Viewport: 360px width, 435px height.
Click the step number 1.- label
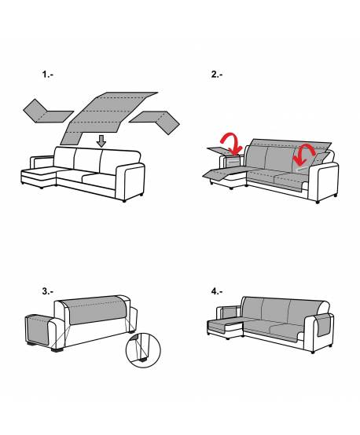[x=47, y=74]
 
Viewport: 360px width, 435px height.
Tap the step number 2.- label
[x=217, y=74]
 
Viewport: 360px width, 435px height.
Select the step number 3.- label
[x=47, y=291]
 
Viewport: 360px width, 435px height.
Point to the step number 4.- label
[x=217, y=291]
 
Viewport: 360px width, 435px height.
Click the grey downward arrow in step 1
[x=102, y=141]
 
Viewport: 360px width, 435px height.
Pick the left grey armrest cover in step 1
[x=48, y=112]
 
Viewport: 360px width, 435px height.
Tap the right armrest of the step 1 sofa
[x=130, y=181]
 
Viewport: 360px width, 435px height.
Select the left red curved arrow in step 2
[x=232, y=143]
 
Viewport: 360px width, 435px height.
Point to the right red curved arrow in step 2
[x=303, y=154]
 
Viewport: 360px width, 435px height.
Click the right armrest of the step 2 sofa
[x=325, y=181]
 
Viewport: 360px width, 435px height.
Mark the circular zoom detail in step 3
[x=143, y=350]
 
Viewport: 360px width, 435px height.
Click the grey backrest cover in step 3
[x=96, y=309]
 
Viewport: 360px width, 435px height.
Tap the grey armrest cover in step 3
[x=38, y=330]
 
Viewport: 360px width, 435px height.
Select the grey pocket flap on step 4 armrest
[x=324, y=325]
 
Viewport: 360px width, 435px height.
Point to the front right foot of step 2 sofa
[x=318, y=202]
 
